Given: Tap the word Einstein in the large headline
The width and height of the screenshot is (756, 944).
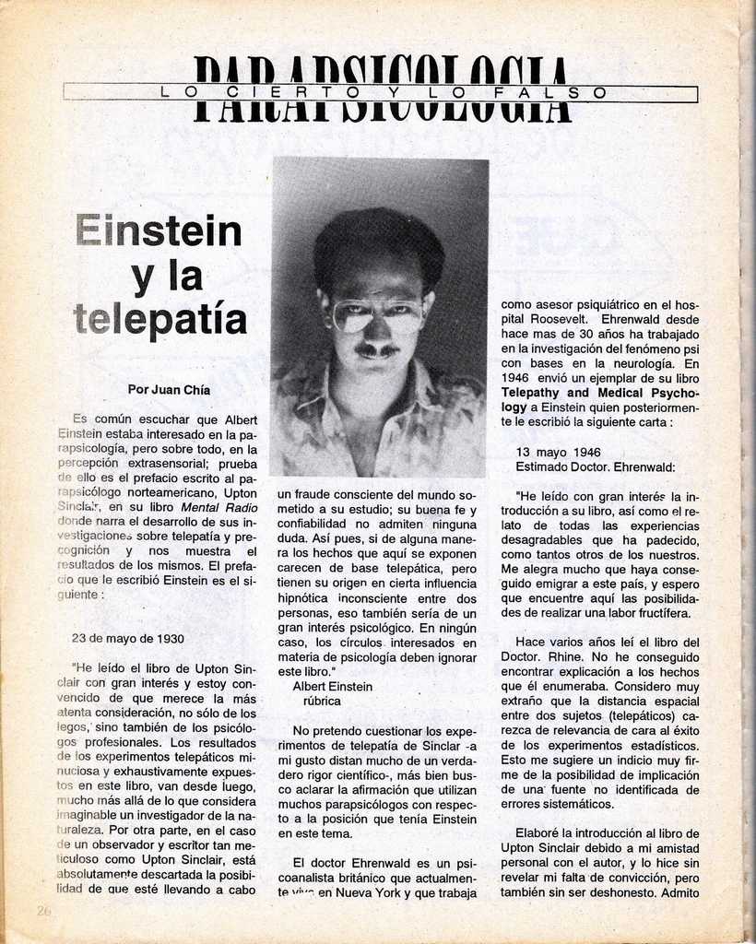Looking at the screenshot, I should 159,230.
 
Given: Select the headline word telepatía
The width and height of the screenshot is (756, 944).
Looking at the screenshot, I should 159,319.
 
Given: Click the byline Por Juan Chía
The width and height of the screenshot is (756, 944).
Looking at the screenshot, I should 169,390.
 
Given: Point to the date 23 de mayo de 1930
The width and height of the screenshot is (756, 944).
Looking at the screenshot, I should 127,638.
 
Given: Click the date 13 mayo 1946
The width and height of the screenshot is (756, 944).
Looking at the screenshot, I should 558,453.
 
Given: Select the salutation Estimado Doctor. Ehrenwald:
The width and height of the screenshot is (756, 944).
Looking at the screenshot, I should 595,467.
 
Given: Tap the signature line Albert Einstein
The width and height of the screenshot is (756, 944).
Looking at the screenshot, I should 332,687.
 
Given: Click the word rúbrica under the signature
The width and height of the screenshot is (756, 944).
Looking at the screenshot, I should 322,702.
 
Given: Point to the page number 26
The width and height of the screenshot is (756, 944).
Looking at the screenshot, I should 43,911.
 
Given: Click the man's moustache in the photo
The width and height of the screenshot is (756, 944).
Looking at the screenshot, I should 377,350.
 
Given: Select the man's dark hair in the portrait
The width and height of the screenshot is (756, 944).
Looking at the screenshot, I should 378,242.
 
